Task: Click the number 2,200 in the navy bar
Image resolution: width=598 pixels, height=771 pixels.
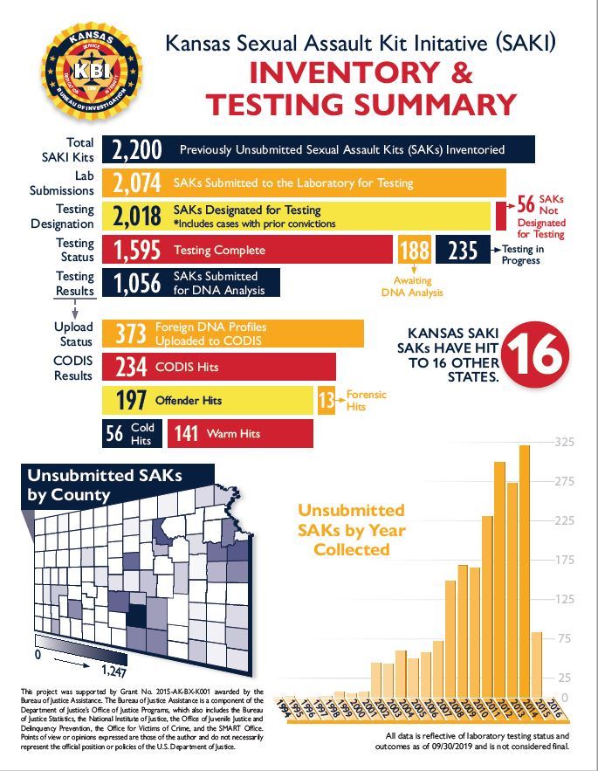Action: point(137,150)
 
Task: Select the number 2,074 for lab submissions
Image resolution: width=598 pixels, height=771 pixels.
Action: point(136,183)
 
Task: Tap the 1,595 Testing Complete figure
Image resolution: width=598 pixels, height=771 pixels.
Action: point(137,251)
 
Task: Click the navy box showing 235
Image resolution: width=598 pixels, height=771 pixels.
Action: point(463,251)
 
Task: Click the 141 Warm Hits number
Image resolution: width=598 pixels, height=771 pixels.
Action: point(187,433)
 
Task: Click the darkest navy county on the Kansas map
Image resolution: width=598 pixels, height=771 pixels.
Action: point(135,616)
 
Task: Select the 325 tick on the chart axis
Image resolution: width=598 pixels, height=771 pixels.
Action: point(563,442)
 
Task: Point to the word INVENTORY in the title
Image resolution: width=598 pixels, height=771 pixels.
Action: point(340,72)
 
